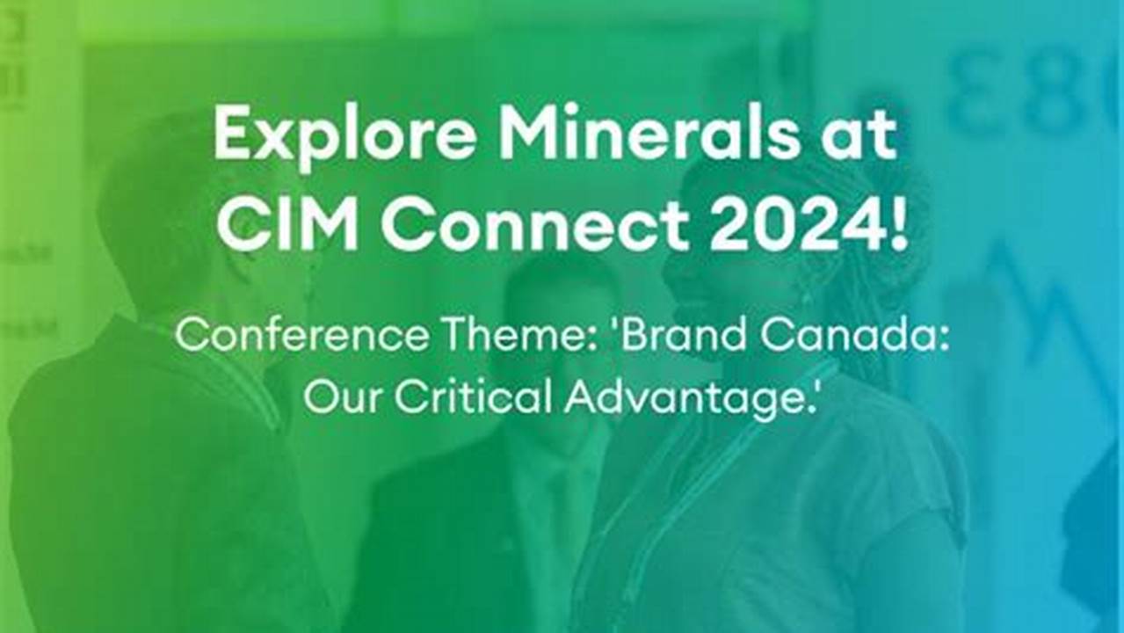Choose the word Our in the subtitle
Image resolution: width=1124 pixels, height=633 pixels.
(342, 397)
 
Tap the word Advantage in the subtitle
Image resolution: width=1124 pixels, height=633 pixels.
(685, 397)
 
